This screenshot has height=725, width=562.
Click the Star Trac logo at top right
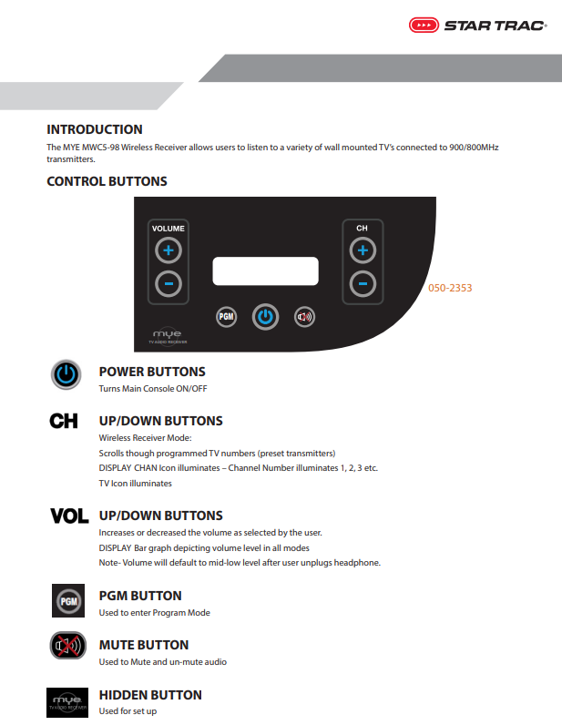tap(477, 26)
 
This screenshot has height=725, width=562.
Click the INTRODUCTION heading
tap(95, 129)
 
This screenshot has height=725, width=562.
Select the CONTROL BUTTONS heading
tap(107, 181)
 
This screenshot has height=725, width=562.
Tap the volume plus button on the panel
tap(168, 250)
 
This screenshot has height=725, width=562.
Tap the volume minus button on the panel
tap(168, 283)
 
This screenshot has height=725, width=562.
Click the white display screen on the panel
tap(265, 271)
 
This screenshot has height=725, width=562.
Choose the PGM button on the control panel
tap(226, 317)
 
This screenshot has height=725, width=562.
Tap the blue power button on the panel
tap(265, 317)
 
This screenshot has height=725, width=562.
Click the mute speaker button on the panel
tap(304, 317)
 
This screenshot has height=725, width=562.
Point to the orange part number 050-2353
tap(450, 288)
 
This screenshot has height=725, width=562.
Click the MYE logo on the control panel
tap(168, 336)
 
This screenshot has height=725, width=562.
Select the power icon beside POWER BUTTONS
tap(66, 375)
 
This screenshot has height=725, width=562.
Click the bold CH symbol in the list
tap(64, 421)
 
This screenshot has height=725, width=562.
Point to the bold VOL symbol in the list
tap(69, 516)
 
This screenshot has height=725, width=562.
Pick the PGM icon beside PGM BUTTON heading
tap(67, 601)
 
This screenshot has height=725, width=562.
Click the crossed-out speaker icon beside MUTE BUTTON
tap(67, 648)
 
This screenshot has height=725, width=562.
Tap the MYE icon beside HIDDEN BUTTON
tap(67, 700)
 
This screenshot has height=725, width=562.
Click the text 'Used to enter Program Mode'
tap(154, 613)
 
